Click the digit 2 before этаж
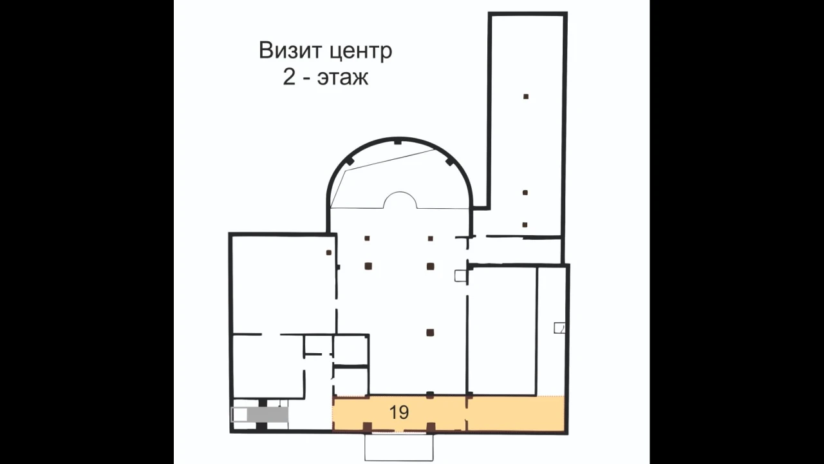(289, 79)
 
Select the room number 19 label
(399, 412)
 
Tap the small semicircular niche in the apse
(400, 201)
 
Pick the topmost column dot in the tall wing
(526, 97)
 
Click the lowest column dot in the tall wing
(525, 225)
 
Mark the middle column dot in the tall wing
(526, 193)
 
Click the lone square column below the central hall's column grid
(430, 333)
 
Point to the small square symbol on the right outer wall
(559, 328)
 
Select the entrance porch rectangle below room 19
(399, 447)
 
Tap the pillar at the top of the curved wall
(398, 141)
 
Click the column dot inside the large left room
(329, 253)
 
